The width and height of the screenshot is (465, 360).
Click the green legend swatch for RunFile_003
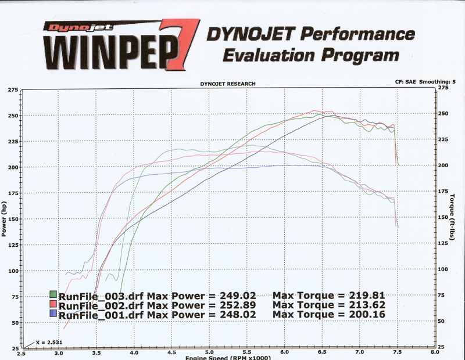pyautogui.click(x=53, y=295)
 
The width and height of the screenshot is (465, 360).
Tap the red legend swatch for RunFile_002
pyautogui.click(x=53, y=305)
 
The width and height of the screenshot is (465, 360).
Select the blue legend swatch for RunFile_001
pyautogui.click(x=53, y=315)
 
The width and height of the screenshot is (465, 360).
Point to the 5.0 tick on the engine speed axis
pyautogui.click(x=209, y=353)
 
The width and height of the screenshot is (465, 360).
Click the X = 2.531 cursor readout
pyautogui.click(x=48, y=342)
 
